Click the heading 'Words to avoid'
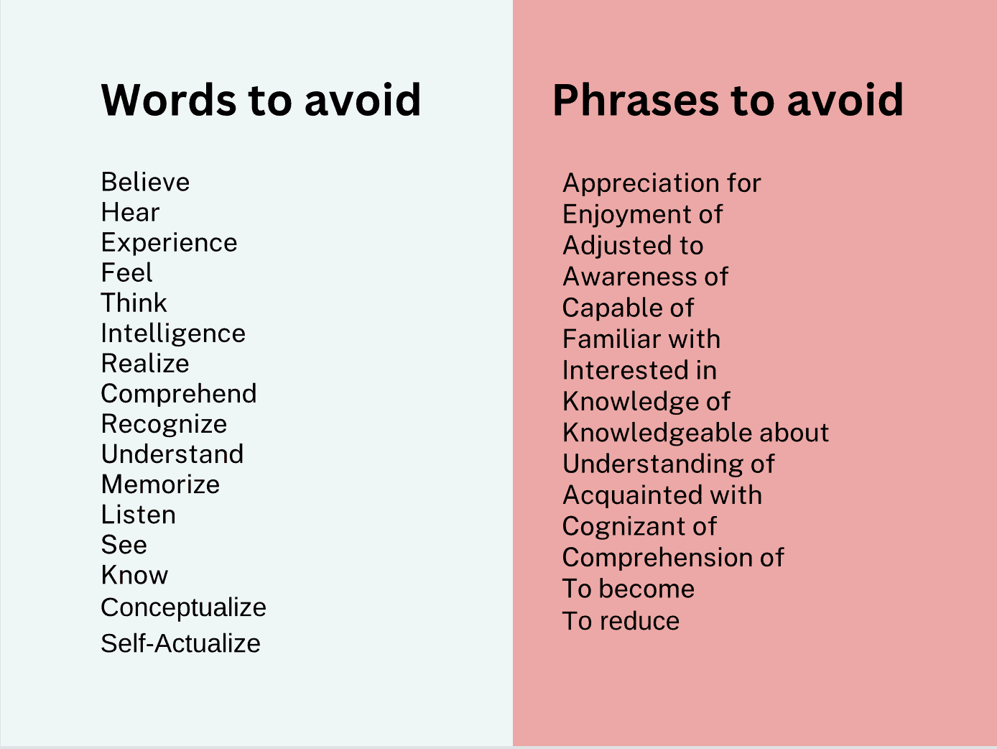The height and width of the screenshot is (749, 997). (261, 99)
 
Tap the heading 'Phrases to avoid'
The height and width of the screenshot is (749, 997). (728, 99)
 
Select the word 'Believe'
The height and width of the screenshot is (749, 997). (145, 183)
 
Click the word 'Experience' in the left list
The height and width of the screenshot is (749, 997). (169, 243)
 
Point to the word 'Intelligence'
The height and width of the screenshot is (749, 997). (173, 334)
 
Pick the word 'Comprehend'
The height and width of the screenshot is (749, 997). (179, 394)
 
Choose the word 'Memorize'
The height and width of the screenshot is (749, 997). (160, 484)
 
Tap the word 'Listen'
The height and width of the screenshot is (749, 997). (139, 515)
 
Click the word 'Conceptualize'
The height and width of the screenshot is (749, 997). (183, 607)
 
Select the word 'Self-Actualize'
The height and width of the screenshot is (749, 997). (181, 643)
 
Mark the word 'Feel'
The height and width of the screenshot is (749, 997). (126, 272)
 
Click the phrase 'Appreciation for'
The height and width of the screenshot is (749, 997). (662, 183)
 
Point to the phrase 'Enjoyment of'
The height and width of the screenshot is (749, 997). (642, 214)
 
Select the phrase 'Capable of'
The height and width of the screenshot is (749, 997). (629, 308)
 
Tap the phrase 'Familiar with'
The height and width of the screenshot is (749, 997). (641, 339)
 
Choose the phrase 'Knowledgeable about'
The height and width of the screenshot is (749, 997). (696, 433)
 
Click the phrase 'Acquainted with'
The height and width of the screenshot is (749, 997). (662, 495)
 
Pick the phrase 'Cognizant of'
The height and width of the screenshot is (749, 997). (639, 526)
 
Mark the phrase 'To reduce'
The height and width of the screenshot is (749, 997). (621, 621)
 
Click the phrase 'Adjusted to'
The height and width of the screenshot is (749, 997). (633, 246)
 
